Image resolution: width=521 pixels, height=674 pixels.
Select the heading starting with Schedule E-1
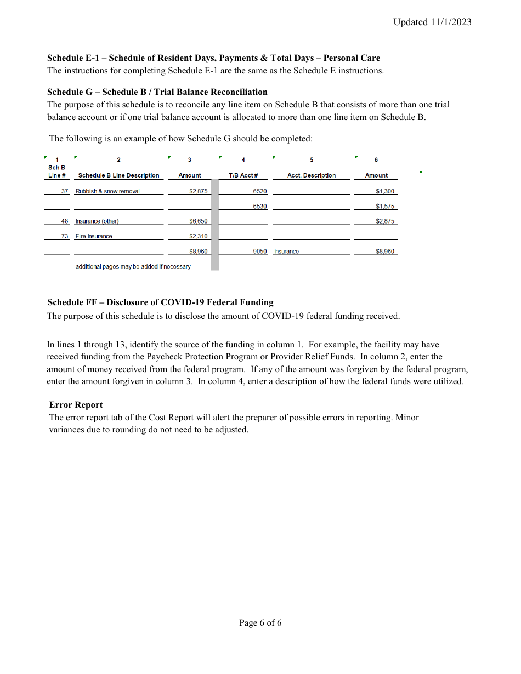[213, 58]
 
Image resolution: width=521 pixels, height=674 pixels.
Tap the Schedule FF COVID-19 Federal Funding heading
[160, 302]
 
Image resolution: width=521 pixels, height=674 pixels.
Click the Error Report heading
[76, 405]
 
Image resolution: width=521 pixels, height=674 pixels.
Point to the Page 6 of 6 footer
[260, 623]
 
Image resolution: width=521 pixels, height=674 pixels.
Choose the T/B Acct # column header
[243, 175]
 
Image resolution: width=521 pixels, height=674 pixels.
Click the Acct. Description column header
[312, 175]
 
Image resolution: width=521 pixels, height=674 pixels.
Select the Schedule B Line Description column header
[118, 175]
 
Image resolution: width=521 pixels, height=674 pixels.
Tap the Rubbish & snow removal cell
[107, 191]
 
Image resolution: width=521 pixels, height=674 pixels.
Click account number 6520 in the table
[260, 191]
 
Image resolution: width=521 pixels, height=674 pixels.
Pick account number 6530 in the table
[260, 207]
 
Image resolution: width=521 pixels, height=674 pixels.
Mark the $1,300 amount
[385, 191]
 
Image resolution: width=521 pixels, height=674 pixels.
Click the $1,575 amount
[385, 207]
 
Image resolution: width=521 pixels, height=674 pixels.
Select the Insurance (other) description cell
[97, 221]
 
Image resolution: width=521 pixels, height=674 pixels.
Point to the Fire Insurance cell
[94, 237]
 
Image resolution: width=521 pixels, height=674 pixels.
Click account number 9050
[260, 252]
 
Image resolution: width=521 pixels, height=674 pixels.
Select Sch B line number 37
[65, 191]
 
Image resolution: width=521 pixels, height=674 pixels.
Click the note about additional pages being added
[133, 267]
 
